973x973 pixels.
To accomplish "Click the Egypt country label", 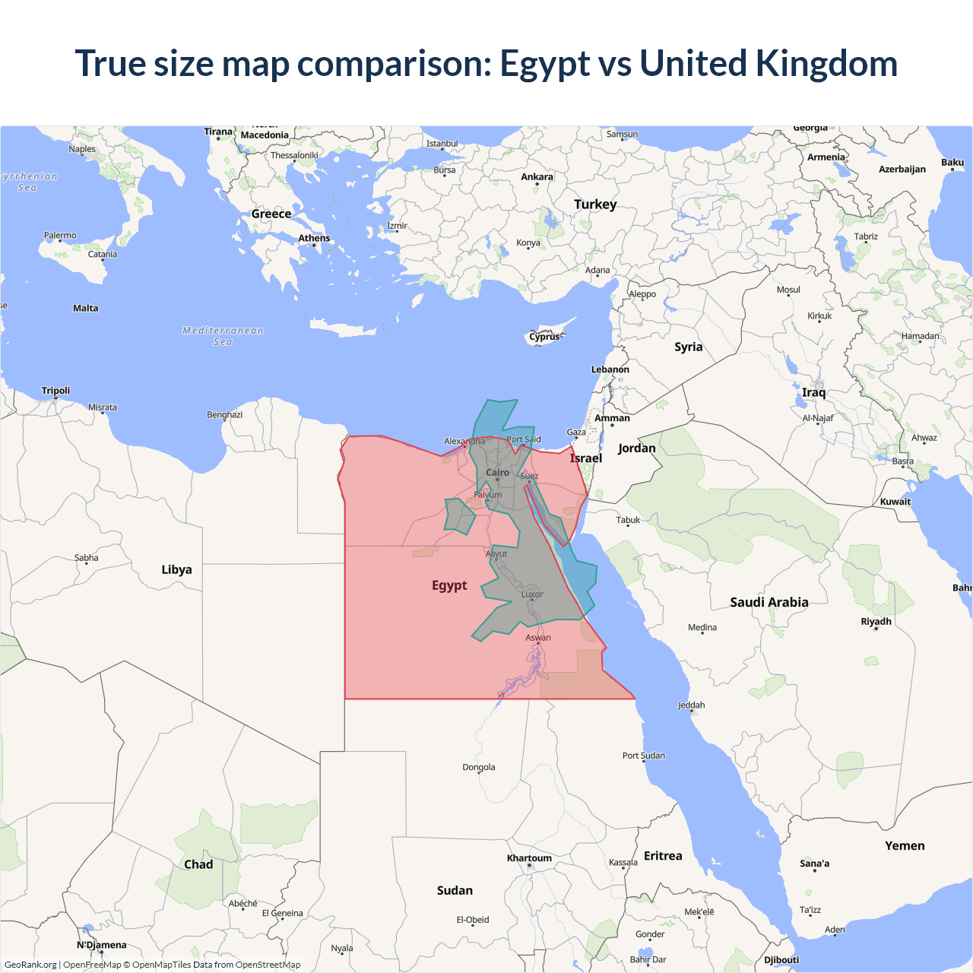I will click(449, 585).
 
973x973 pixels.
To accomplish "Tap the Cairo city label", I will click(497, 472).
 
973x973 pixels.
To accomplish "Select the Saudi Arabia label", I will click(769, 602).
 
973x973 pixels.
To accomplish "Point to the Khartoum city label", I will click(529, 858).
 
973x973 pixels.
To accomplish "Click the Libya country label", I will click(176, 569).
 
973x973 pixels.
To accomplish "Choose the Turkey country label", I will click(595, 204).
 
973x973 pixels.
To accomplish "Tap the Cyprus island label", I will click(544, 337).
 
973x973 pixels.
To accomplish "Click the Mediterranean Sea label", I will click(223, 336).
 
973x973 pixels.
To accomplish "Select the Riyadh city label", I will click(876, 621).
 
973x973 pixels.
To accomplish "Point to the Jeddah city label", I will click(691, 705).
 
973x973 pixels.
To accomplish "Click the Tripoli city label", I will click(55, 391).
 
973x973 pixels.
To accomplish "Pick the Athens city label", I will click(314, 238).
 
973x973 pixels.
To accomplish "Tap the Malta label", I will click(85, 308).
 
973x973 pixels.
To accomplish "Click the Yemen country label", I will click(905, 845).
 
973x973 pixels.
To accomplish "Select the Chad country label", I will click(198, 864).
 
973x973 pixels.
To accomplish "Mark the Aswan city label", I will click(538, 638).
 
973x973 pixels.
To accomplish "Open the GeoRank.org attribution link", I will click(30, 965).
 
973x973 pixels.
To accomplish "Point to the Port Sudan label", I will click(643, 756).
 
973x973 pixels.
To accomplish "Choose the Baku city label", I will click(952, 162).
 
